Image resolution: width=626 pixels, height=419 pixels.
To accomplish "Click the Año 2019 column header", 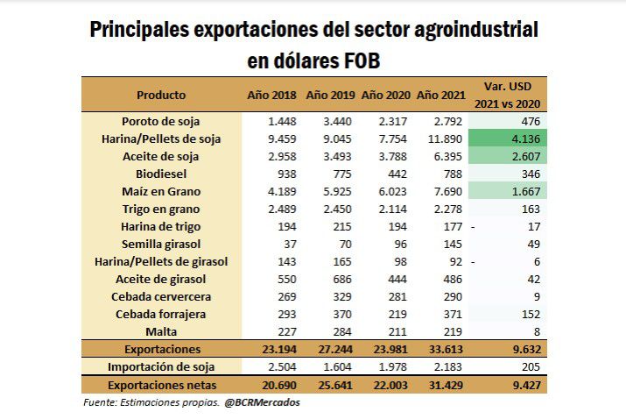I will point(329,94).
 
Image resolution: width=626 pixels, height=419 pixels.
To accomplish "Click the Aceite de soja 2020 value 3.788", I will point(385,156).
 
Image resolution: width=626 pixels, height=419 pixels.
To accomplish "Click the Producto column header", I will point(161,94).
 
